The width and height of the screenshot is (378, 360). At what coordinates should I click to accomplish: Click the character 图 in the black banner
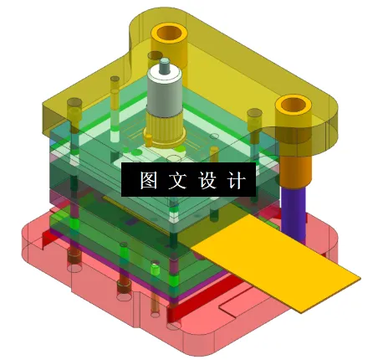150,180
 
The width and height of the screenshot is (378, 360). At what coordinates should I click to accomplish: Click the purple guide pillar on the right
294,209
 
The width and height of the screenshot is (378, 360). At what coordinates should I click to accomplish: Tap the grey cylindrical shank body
164,96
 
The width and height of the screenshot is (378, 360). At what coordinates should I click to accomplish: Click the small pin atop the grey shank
165,64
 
